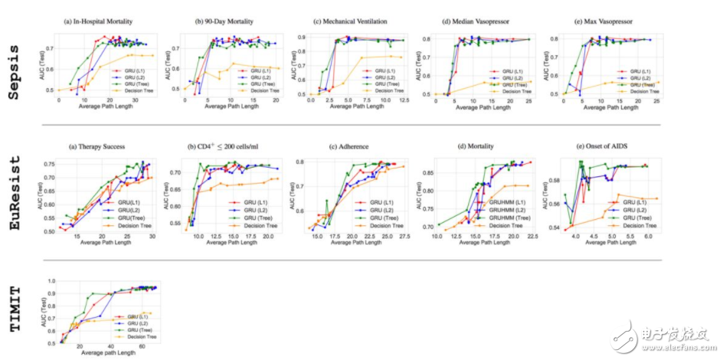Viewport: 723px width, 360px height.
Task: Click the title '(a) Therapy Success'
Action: pyautogui.click(x=100, y=146)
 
